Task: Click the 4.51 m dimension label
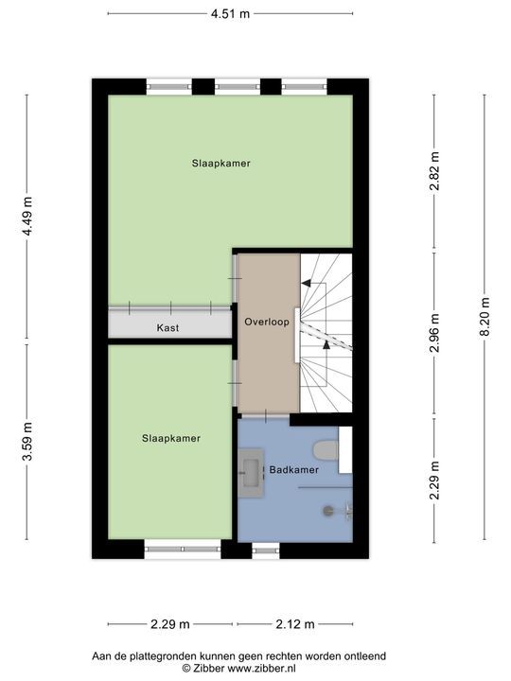230,14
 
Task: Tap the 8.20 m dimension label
485,317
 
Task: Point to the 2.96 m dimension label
434,333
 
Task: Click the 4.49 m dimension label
27,216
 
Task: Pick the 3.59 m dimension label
27,442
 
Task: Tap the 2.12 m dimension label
295,624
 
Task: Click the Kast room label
167,328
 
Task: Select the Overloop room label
267,323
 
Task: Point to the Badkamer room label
294,470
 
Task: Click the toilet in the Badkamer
326,450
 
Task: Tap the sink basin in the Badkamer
252,473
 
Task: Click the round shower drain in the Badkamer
328,511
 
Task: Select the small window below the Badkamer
266,550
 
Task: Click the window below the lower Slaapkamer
183,549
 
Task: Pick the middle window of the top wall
238,86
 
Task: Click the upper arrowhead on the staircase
306,284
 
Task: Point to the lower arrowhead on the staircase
326,345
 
